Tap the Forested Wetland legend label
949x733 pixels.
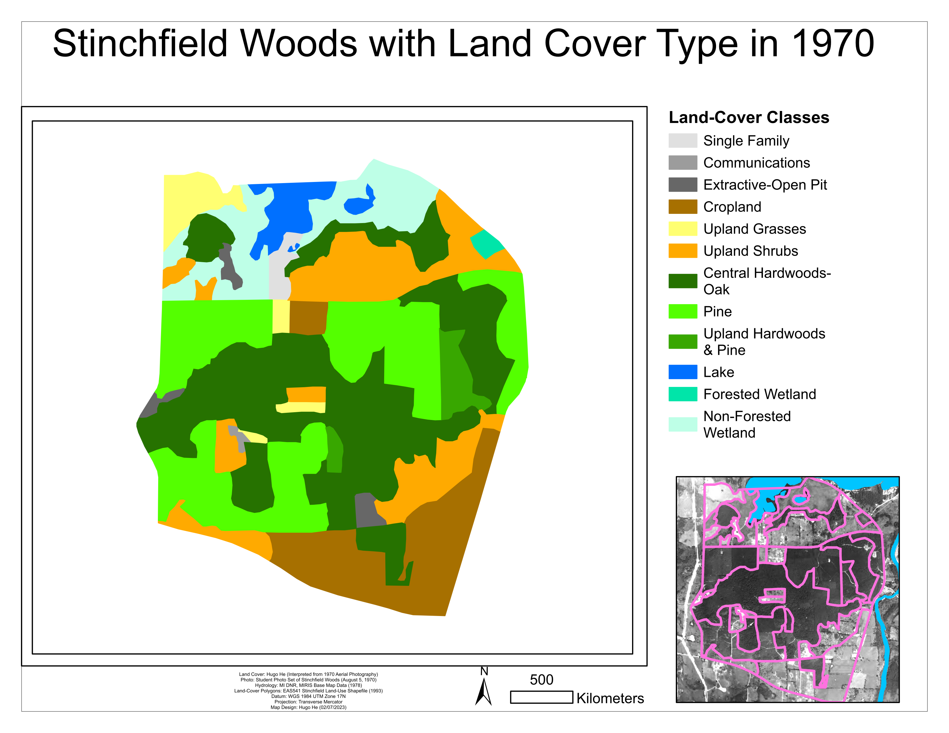[x=759, y=394]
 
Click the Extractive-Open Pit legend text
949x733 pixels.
[x=764, y=185]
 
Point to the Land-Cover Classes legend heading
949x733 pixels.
[x=748, y=118]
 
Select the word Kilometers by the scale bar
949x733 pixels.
[x=610, y=698]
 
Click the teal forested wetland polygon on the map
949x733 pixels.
[x=487, y=244]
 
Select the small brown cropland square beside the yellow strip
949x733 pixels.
[x=308, y=318]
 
